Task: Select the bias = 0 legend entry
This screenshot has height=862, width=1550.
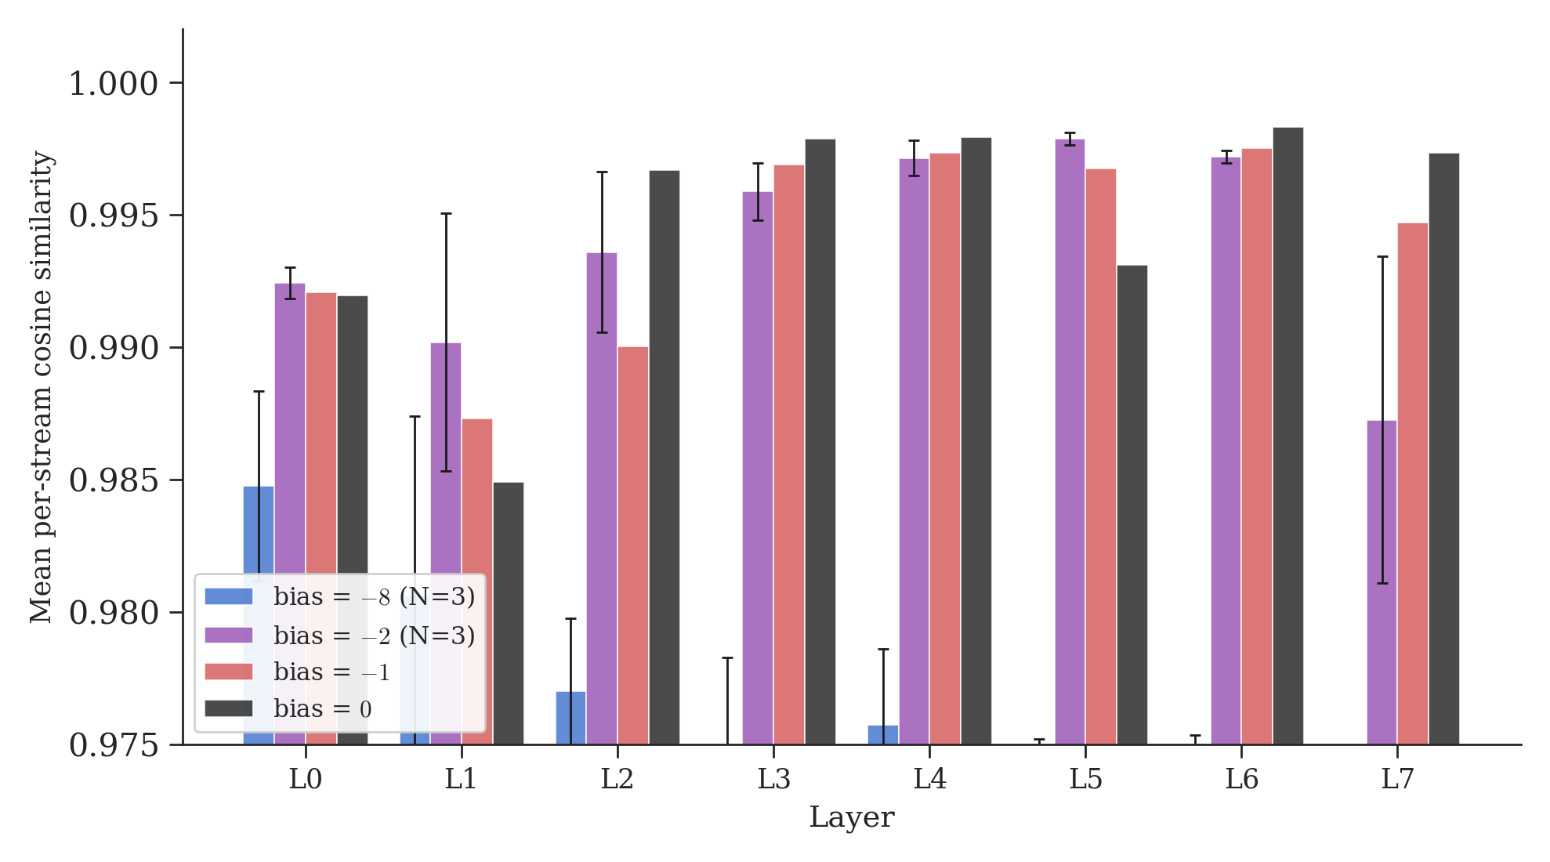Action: pos(322,709)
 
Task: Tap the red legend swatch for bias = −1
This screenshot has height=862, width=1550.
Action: pos(229,672)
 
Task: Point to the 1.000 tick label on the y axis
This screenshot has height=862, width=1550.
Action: pos(114,84)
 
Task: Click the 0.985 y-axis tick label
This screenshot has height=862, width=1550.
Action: pos(114,480)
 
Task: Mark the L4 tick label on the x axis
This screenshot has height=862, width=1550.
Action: pos(929,780)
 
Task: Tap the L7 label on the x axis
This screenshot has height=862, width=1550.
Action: pos(1397,780)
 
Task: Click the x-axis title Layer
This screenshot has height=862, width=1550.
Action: pos(852,817)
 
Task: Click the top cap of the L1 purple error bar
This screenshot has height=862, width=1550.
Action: pos(446,213)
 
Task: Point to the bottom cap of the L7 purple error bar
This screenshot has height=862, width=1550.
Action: pos(1382,583)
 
